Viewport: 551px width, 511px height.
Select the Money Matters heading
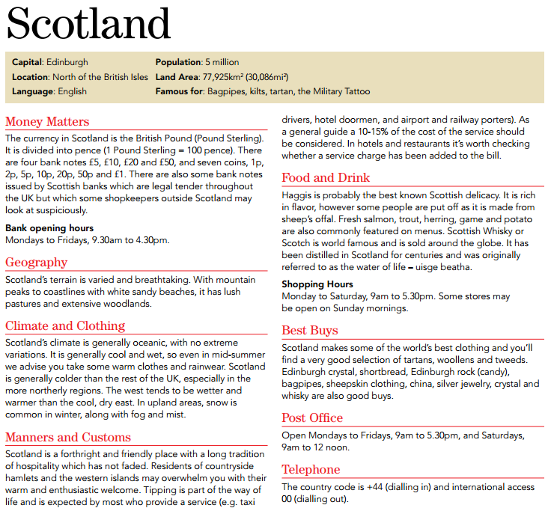click(47, 121)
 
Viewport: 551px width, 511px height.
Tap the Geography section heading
click(36, 262)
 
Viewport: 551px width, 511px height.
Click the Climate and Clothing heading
click(65, 325)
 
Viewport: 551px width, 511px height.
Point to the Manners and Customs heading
click(68, 437)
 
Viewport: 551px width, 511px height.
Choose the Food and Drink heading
click(326, 177)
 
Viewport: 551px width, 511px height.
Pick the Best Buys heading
click(310, 330)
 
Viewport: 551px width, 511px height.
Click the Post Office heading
click(312, 417)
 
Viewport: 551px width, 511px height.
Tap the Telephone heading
click(311, 469)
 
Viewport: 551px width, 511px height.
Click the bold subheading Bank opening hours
click(49, 227)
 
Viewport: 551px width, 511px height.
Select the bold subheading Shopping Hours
click(318, 284)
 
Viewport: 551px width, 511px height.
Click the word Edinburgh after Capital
click(67, 62)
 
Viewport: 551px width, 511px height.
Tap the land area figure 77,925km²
click(229, 77)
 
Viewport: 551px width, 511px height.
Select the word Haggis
click(297, 195)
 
